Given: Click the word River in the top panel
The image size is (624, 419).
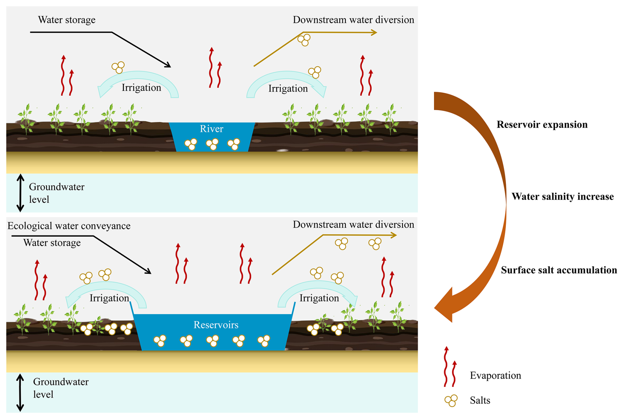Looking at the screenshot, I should click(211, 129).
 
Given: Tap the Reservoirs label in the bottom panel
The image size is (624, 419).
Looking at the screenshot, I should click(216, 325).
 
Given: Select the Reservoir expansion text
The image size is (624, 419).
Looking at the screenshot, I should click(542, 124).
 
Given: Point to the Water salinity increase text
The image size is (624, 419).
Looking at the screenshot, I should click(562, 197).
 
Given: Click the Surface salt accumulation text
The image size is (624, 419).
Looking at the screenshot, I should click(559, 270).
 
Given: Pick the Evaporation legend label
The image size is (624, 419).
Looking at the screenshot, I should click(495, 375).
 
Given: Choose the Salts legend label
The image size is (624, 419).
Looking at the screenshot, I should click(480, 401).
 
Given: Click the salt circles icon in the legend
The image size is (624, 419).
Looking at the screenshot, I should click(451, 401).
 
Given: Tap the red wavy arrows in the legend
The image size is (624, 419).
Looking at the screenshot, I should click(450, 367).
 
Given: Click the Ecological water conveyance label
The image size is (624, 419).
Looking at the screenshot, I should click(69, 226).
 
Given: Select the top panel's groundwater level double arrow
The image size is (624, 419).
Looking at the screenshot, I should click(20, 193).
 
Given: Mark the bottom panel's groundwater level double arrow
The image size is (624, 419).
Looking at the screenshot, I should click(20, 393).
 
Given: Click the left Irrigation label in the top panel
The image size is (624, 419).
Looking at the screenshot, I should click(141, 88).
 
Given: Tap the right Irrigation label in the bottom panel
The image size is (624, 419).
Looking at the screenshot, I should click(319, 298).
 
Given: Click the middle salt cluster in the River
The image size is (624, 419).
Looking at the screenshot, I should click(212, 144).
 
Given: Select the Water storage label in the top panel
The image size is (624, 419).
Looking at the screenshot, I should click(67, 20).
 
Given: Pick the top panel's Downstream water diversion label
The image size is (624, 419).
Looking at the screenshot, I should click(353, 20).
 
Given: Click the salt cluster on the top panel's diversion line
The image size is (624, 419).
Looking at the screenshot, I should click(304, 40).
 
